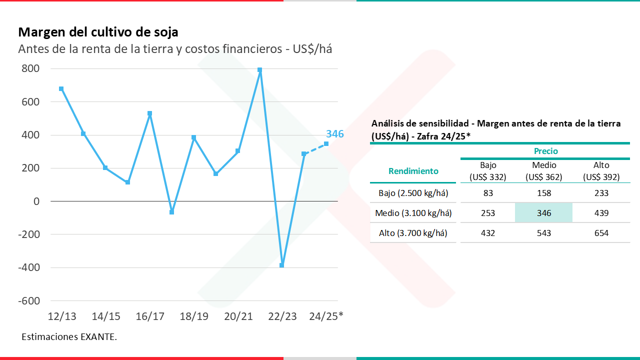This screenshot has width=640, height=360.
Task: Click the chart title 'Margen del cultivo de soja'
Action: click(98, 32)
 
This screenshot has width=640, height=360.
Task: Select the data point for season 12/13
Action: click(61, 89)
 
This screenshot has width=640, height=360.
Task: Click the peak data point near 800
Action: click(260, 70)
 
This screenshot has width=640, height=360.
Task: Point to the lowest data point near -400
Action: click(282, 265)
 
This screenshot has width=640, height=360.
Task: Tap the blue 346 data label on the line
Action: click(334, 134)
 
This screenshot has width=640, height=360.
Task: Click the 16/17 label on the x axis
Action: click(150, 316)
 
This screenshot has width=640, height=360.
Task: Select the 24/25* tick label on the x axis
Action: click(326, 316)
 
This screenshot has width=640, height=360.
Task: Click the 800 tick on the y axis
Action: click(30, 68)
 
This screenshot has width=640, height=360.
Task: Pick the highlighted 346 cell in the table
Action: click(543, 213)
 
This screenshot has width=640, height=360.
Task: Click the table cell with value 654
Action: click(601, 233)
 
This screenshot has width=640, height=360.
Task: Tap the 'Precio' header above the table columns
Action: click(545, 151)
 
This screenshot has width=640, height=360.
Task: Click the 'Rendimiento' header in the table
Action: click(413, 171)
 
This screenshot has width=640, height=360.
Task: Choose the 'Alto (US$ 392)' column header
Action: click(601, 171)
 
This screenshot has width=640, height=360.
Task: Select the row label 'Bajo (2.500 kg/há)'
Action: click(413, 193)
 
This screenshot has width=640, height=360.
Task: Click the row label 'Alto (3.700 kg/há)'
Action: click(413, 233)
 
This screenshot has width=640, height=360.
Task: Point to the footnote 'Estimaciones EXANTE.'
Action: click(69, 337)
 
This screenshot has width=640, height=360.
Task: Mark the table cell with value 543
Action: click(543, 233)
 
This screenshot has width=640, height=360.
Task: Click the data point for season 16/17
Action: click(150, 113)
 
